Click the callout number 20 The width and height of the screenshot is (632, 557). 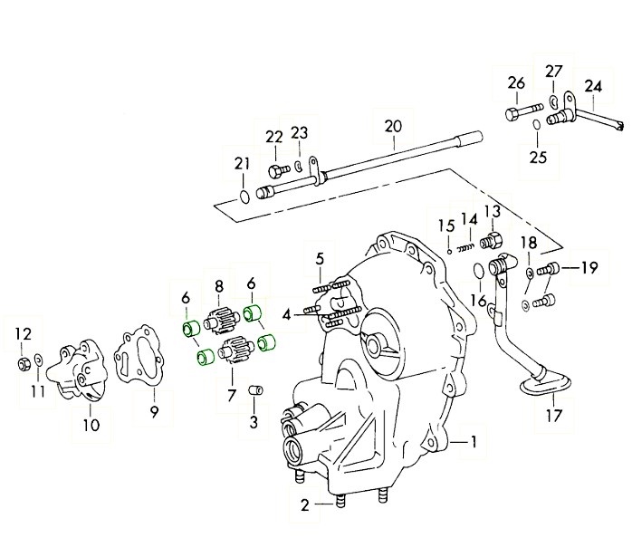tap(391, 126)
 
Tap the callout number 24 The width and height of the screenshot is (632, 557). tap(592, 87)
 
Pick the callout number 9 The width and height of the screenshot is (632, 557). tap(153, 413)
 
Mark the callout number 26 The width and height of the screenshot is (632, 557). tap(516, 83)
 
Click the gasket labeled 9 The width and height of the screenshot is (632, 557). tap(142, 358)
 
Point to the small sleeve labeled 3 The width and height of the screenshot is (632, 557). tap(255, 390)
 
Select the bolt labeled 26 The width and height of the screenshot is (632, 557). tap(517, 115)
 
